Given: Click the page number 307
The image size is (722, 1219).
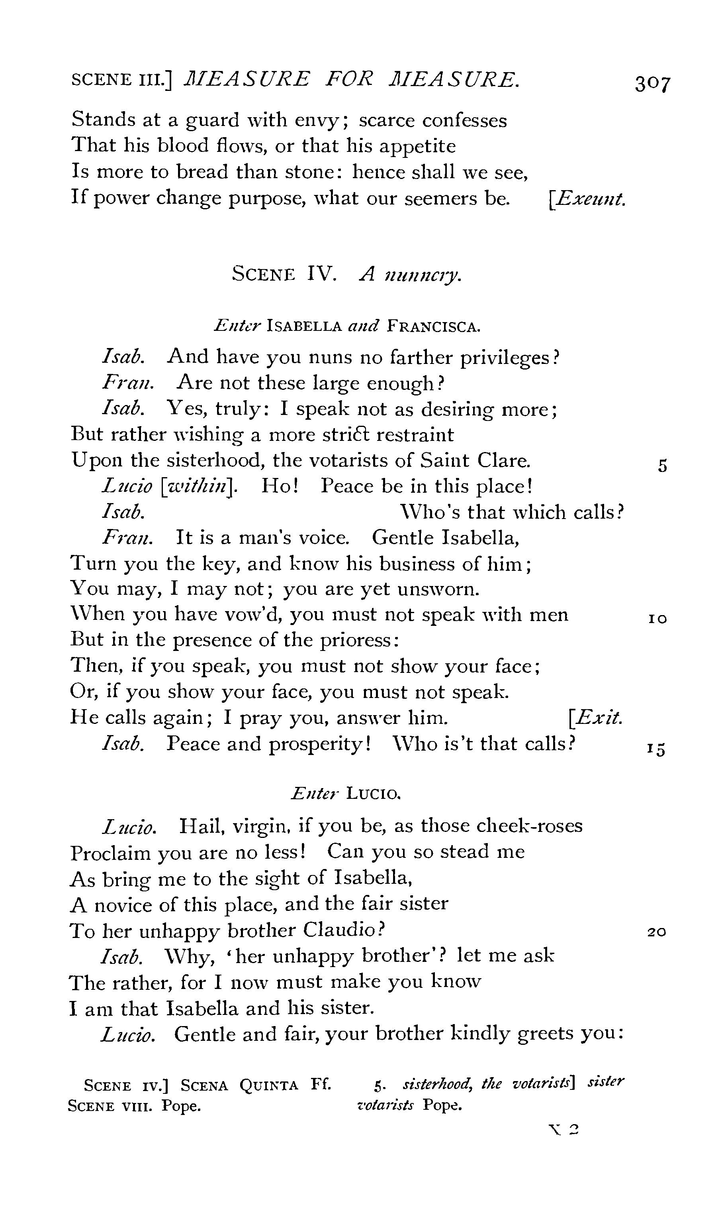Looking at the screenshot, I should [x=652, y=83].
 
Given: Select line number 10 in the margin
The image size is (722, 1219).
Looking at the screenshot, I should [x=657, y=619].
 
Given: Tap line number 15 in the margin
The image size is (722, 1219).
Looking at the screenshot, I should [x=656, y=748].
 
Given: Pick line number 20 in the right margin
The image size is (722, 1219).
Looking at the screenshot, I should [x=657, y=932].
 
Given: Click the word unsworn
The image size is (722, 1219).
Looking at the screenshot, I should [x=438, y=589].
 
